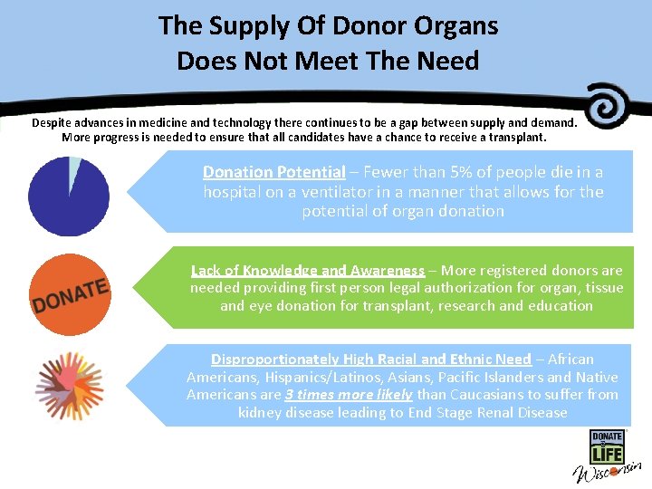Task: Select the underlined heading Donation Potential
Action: click(273, 172)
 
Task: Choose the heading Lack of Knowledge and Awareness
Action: click(307, 270)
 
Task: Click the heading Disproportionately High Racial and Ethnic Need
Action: click(370, 360)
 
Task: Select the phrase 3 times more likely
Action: click(349, 395)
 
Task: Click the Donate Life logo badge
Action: click(607, 447)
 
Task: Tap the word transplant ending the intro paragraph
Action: click(516, 138)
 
